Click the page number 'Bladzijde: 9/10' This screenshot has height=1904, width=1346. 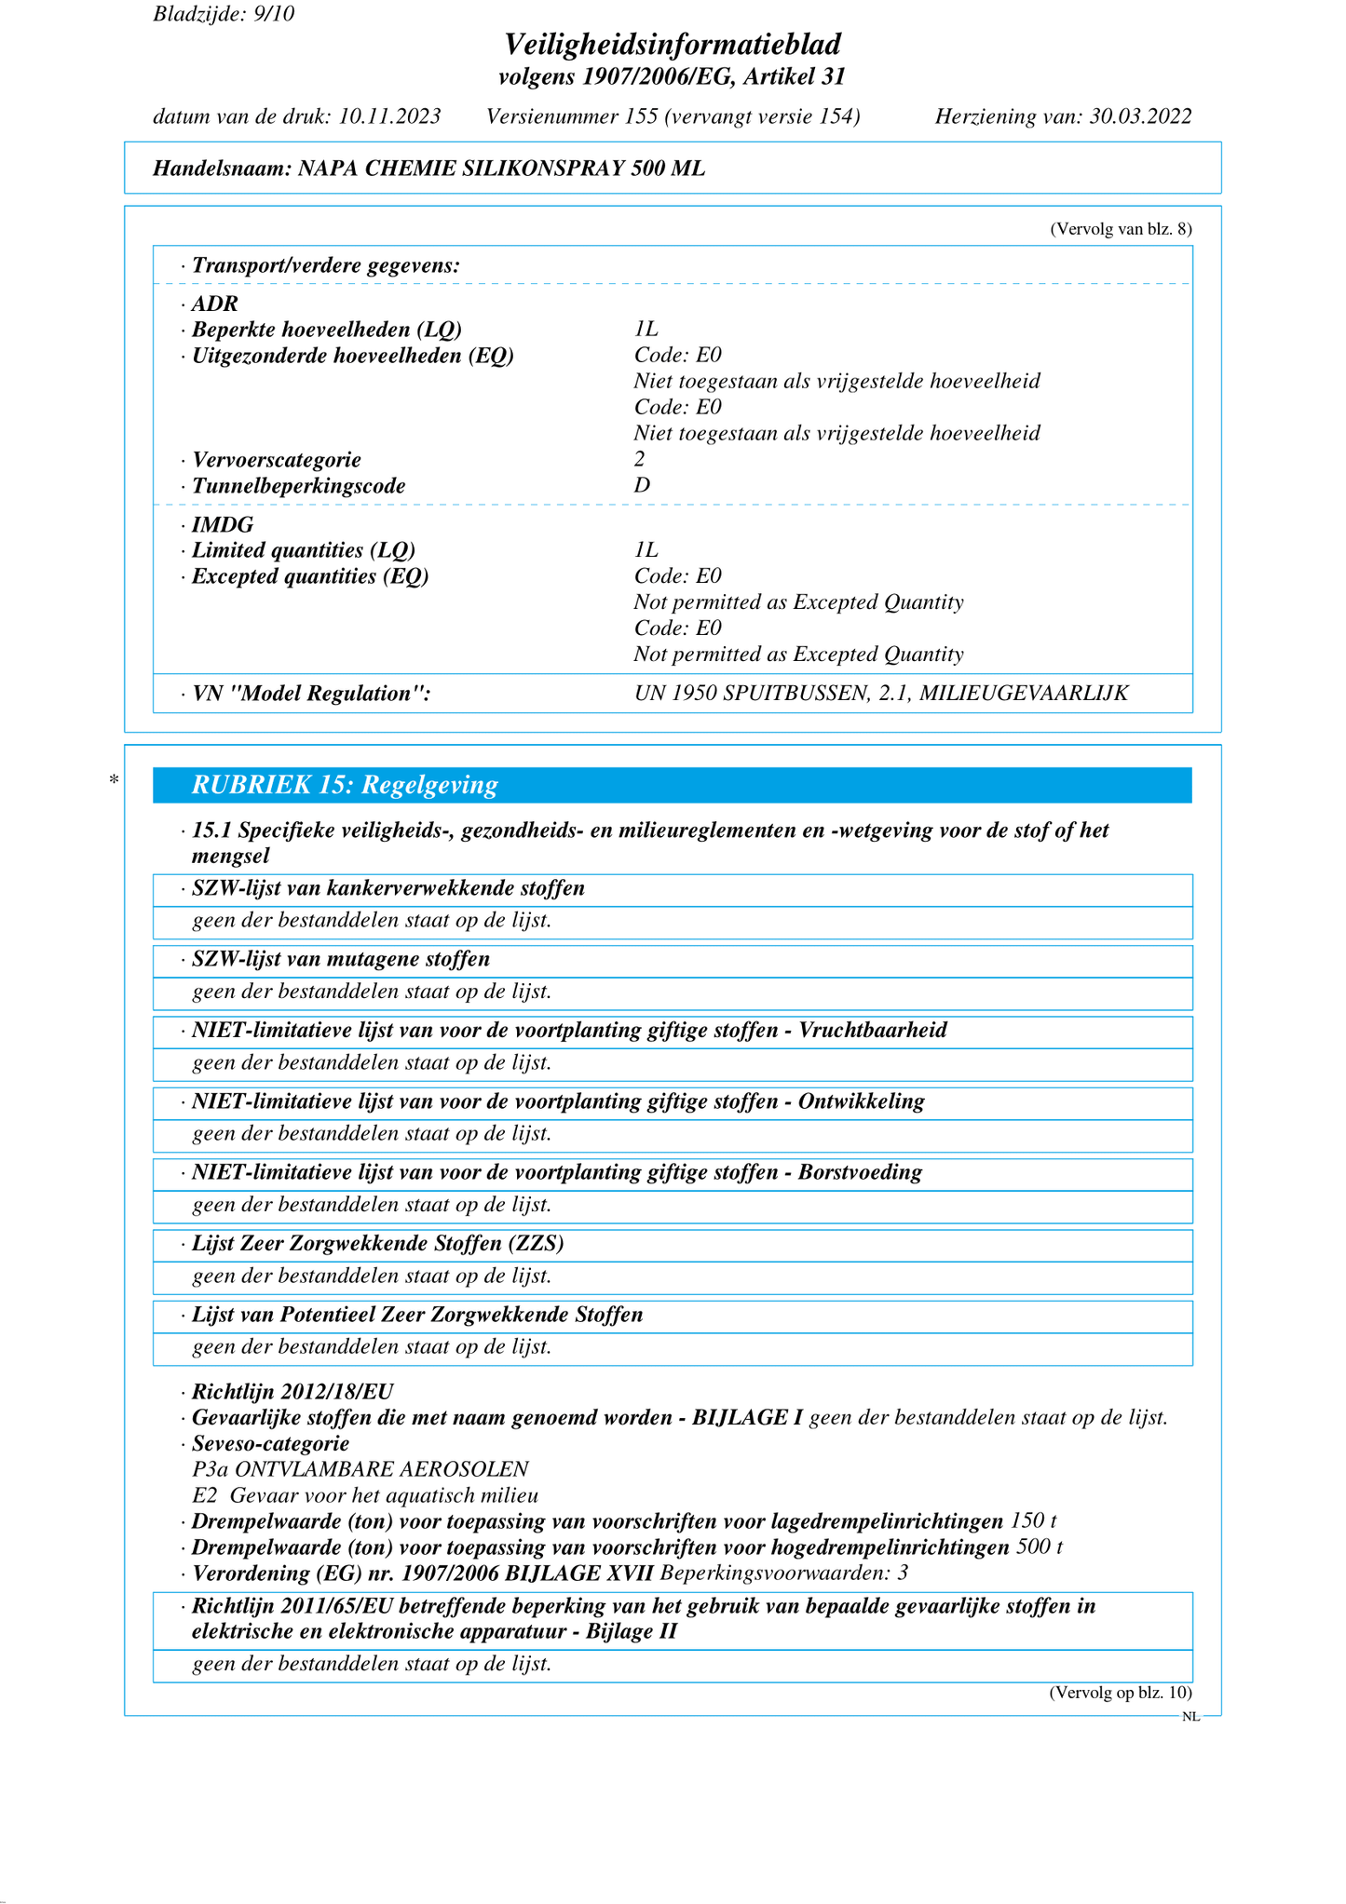point(224,14)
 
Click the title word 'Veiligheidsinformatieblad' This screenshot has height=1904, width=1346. point(673,44)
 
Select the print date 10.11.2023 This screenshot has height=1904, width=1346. point(389,116)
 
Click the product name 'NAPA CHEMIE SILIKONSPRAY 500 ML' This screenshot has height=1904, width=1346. point(501,169)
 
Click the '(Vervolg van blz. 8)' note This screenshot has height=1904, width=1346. point(1121,229)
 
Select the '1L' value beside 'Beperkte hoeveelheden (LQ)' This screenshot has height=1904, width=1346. point(646,329)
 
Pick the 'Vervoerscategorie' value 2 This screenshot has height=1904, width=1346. point(640,459)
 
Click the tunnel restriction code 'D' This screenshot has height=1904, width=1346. point(642,485)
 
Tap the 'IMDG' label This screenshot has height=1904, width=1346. point(223,524)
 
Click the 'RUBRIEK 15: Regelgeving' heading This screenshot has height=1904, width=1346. point(345,785)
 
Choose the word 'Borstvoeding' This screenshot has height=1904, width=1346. point(860,1172)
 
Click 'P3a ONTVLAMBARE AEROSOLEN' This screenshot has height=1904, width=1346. point(360,1469)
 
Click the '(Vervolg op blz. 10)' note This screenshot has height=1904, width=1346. point(1121,1693)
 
